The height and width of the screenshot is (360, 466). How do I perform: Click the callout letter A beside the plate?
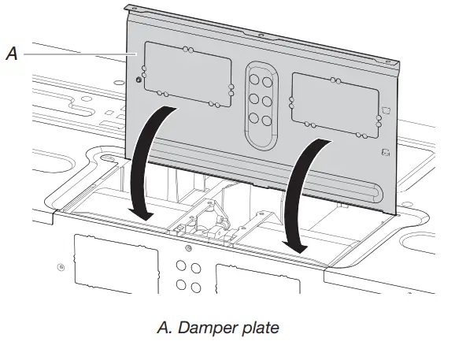tap(11, 54)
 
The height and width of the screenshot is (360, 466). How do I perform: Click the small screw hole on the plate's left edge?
tap(139, 79)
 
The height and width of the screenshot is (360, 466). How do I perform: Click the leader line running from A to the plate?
tap(79, 54)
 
